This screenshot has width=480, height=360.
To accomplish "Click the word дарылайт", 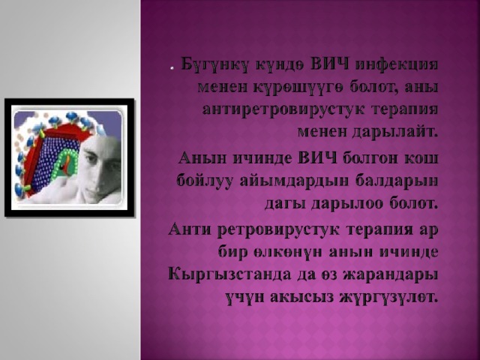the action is [x=394, y=132].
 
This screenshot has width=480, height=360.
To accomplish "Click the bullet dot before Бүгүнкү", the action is [x=172, y=69].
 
